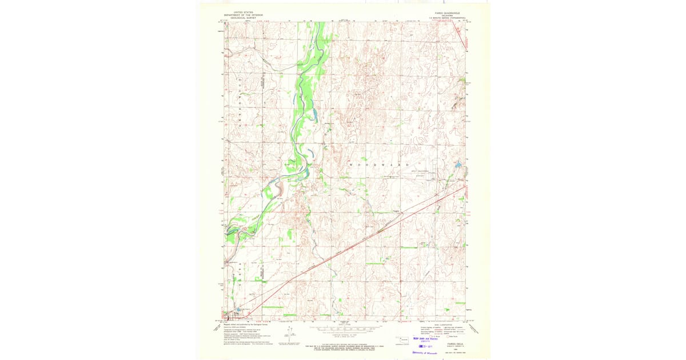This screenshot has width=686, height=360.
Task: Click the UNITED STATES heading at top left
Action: pyautogui.click(x=241, y=12)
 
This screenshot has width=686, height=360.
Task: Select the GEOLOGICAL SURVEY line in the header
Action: pyautogui.click(x=241, y=18)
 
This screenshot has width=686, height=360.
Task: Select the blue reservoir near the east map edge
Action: pyautogui.click(x=458, y=165)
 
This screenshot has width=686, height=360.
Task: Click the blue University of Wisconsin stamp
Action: pyautogui.click(x=425, y=353)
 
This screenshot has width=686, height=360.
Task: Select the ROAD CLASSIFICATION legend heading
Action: pyautogui.click(x=444, y=323)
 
